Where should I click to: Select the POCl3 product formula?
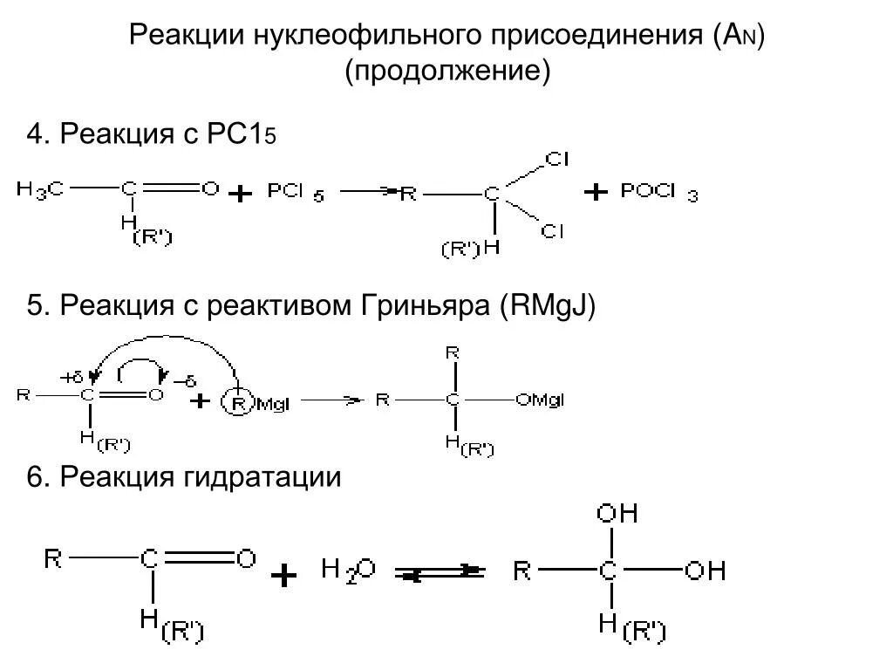[x=658, y=193]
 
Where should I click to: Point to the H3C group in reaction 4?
[x=39, y=188]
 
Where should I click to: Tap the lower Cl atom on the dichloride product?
[x=552, y=230]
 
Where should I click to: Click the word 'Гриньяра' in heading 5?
[x=426, y=306]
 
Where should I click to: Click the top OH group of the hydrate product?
[x=617, y=513]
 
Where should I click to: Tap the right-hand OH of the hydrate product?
[x=705, y=571]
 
